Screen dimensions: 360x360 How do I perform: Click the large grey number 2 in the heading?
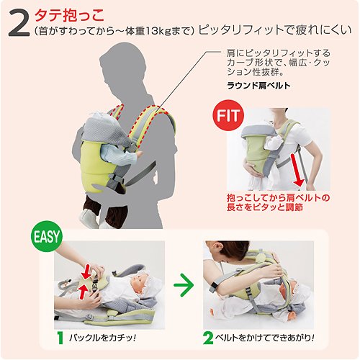[x=19, y=24]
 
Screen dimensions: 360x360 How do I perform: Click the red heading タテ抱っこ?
[x=70, y=15]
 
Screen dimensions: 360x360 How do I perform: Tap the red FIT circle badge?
[x=228, y=115]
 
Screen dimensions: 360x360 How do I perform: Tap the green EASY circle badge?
[x=47, y=236]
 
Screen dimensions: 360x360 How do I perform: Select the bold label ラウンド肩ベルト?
[x=258, y=86]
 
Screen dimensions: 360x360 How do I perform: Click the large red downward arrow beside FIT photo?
[x=297, y=170]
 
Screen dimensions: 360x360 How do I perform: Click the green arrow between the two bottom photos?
[x=184, y=285]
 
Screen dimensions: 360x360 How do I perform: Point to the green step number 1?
[x=60, y=338]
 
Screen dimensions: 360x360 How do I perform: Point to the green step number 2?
[x=208, y=338]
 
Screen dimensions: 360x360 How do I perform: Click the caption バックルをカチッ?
[x=103, y=338]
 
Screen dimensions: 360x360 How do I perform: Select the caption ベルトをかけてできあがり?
[x=265, y=338]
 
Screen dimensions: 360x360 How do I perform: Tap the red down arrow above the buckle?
[x=86, y=271]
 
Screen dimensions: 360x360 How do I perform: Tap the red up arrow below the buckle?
[x=83, y=291]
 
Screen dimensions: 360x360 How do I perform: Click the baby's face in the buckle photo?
[x=138, y=282]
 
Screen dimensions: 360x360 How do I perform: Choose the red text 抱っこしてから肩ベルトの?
[x=279, y=198]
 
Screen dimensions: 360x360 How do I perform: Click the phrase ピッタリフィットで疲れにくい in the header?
[x=275, y=30]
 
